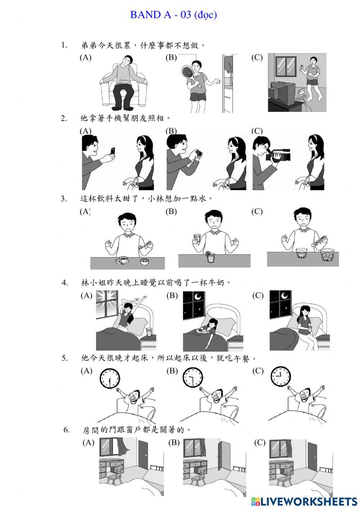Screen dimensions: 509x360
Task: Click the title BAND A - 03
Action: tap(173, 15)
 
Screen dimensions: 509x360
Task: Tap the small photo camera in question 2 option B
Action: tap(199, 154)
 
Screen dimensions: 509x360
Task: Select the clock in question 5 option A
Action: tap(109, 378)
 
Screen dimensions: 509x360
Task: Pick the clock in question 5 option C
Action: tap(280, 377)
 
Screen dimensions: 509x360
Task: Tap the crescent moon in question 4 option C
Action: tap(284, 295)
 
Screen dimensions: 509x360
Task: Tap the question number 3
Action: tap(64, 199)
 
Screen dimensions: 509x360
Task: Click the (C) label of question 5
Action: tap(258, 371)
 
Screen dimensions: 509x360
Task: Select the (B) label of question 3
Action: tap(171, 211)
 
